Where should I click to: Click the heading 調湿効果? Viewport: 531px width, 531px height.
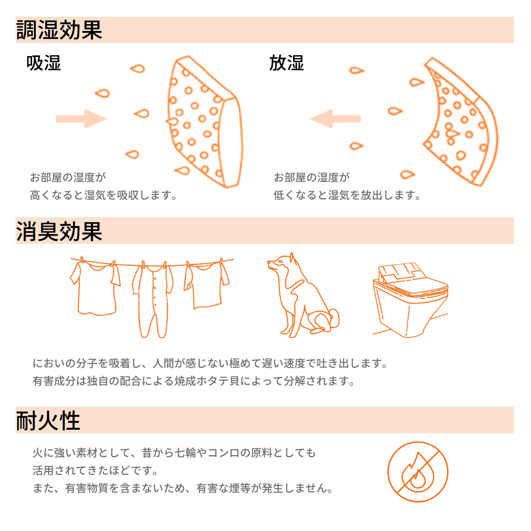point(59,30)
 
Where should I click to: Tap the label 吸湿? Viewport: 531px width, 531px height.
point(44,63)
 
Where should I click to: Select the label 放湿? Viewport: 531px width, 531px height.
point(287,63)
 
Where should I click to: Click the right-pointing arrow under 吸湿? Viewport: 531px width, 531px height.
point(81,118)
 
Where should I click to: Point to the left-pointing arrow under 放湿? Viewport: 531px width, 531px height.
point(335,118)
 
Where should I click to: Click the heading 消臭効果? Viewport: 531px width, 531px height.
point(59,231)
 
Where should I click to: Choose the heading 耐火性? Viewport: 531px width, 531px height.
point(48,420)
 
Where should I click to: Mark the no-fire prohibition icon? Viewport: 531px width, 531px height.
point(418,472)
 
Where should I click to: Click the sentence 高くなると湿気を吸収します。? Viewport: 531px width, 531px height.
point(103,196)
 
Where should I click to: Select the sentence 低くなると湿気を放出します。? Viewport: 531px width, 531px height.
point(348,196)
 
